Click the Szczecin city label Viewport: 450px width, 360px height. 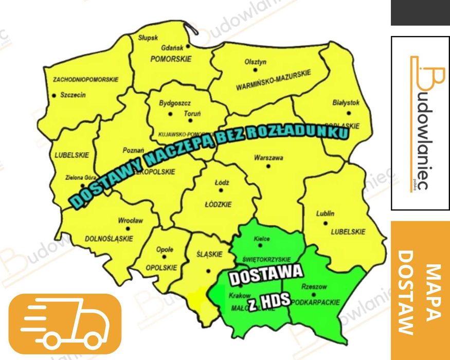tap(73, 95)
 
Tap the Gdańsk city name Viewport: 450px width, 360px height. tap(172, 47)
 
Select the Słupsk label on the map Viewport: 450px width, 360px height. tap(148, 37)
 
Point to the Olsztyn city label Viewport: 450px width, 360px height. tap(256, 62)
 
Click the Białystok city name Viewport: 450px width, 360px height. tap(346, 103)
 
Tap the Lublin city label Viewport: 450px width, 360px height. tap(326, 213)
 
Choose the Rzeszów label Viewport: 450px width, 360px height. tap(315, 287)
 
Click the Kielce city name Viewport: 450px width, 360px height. tap(263, 239)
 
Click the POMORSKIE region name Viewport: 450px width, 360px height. tap(171, 59)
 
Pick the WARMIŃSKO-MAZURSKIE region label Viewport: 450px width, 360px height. tap(274, 81)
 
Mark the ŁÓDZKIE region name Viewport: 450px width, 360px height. tap(218, 204)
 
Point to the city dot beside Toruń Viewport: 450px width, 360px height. tap(190, 120)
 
